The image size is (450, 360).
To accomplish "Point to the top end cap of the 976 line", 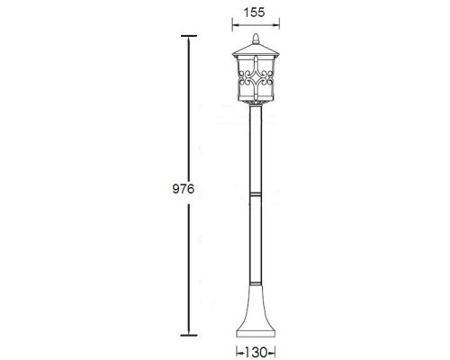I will coord(188,36).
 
